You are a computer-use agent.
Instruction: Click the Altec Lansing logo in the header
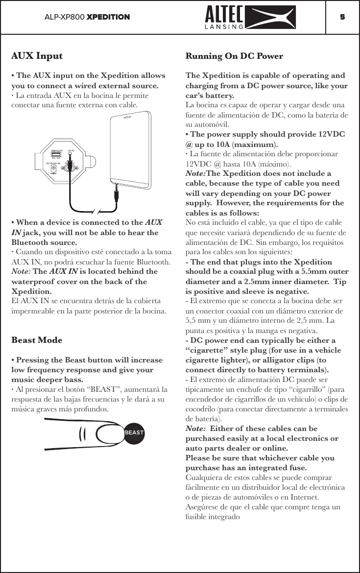pyautogui.click(x=249, y=17)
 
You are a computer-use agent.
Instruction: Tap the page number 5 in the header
pyautogui.click(x=342, y=17)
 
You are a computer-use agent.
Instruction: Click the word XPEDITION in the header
pyautogui.click(x=108, y=17)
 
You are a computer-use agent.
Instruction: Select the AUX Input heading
pyautogui.click(x=37, y=56)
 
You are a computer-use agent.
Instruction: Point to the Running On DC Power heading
pyautogui.click(x=234, y=56)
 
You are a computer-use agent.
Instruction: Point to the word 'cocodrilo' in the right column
pyautogui.click(x=203, y=408)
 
